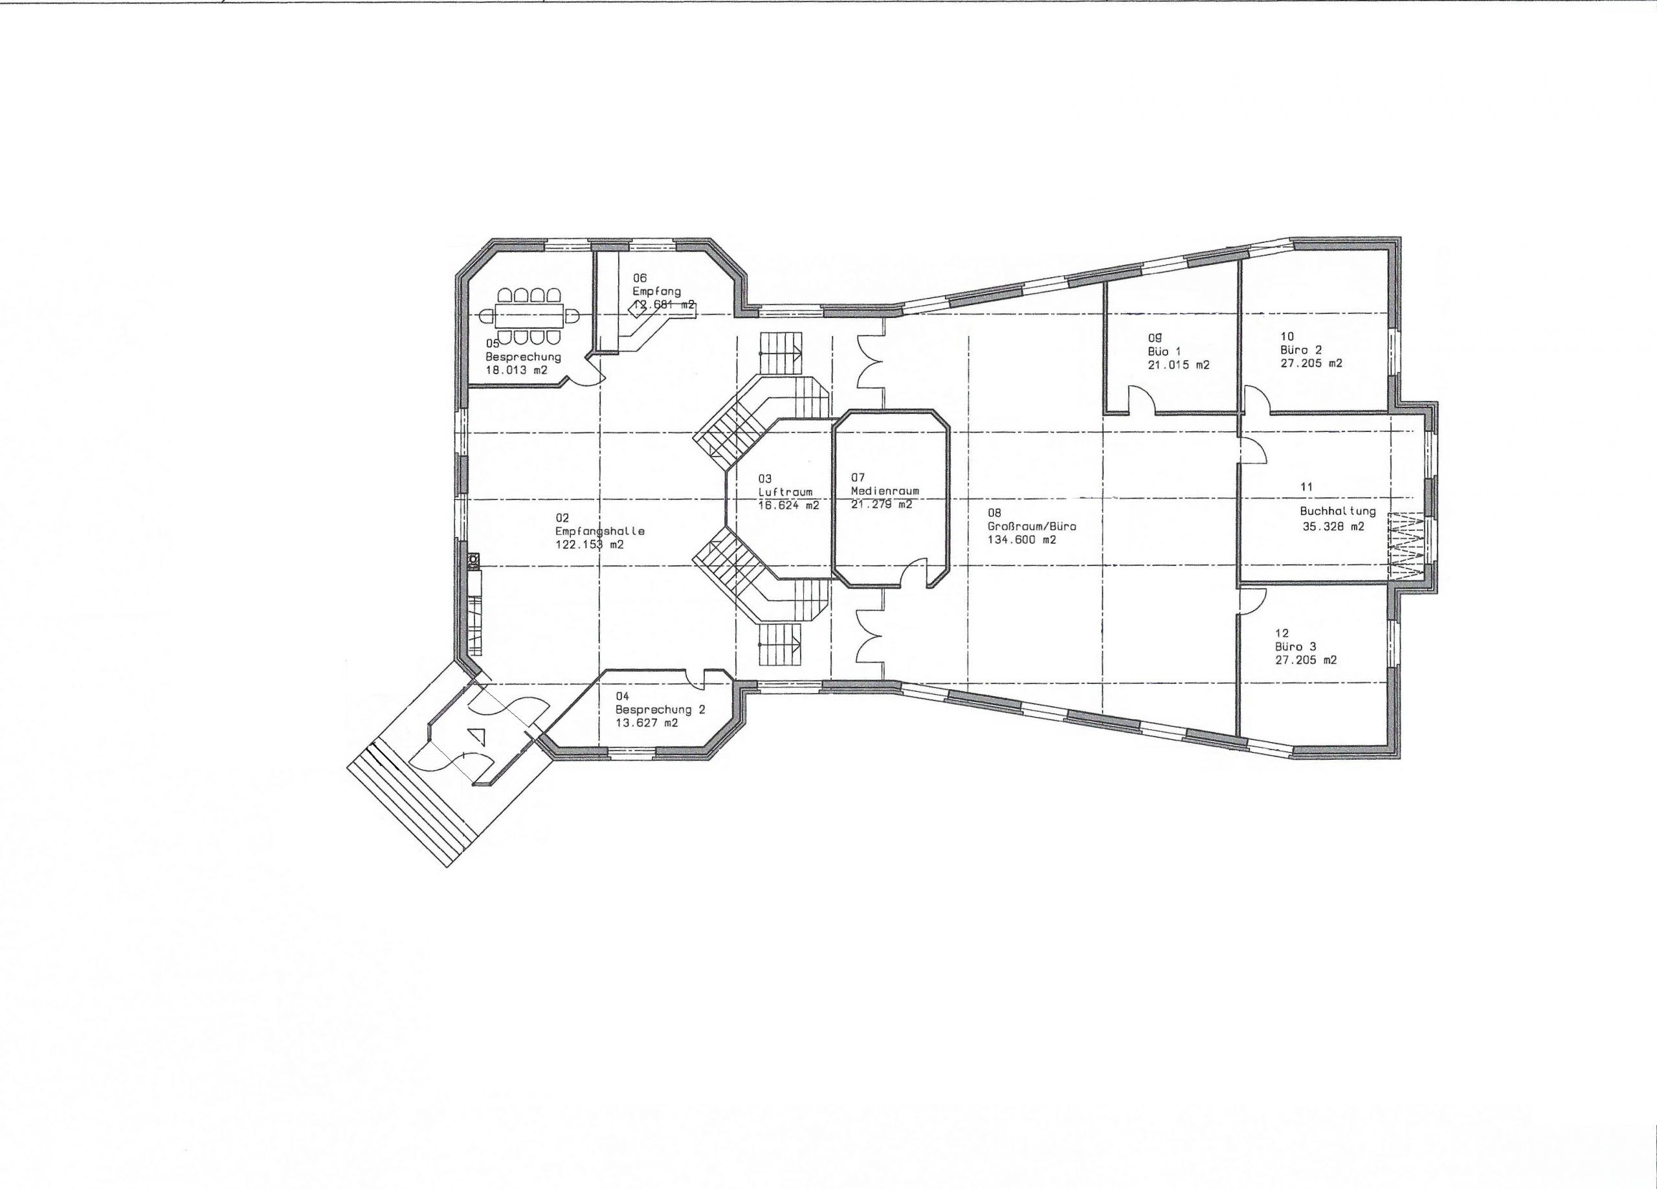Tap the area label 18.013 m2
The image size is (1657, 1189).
(517, 370)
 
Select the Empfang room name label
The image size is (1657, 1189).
(657, 291)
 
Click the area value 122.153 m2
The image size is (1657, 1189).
(590, 545)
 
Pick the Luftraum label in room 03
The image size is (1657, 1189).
(785, 492)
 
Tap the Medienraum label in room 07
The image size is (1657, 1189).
(885, 491)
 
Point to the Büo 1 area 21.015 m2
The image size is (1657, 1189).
(1179, 365)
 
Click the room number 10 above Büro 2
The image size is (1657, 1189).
(1287, 336)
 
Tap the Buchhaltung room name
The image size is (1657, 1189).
(1338, 512)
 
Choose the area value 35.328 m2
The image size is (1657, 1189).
(1333, 526)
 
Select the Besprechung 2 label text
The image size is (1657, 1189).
(660, 710)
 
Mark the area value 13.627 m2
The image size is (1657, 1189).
(647, 723)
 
